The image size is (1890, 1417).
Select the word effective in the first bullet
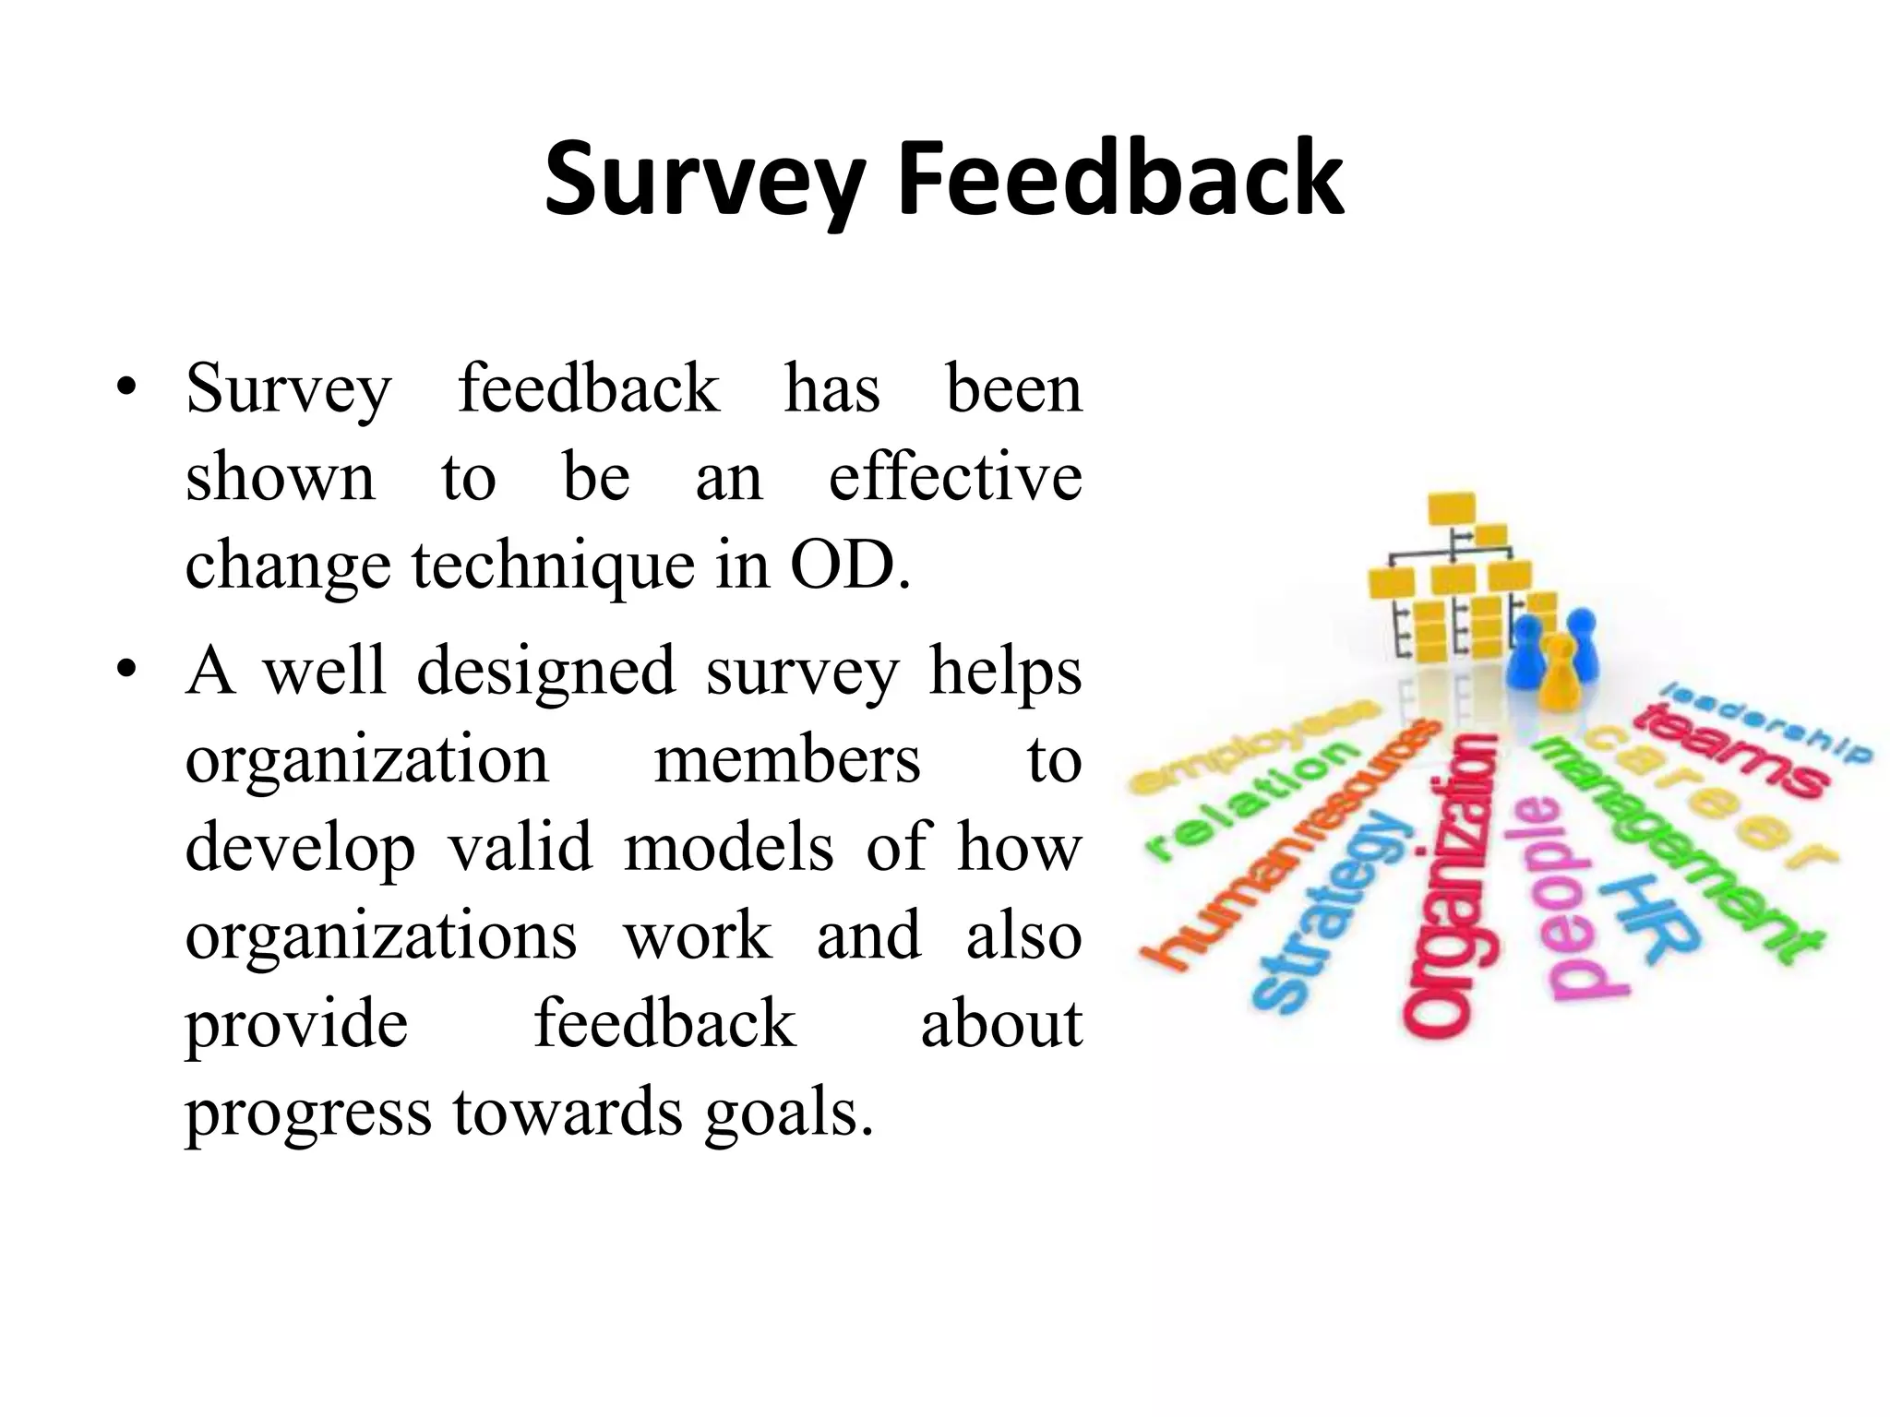click(x=955, y=477)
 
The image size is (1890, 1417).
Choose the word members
click(x=787, y=759)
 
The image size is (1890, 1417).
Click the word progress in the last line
click(x=308, y=1114)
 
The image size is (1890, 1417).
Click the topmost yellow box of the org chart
click(x=1452, y=508)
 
